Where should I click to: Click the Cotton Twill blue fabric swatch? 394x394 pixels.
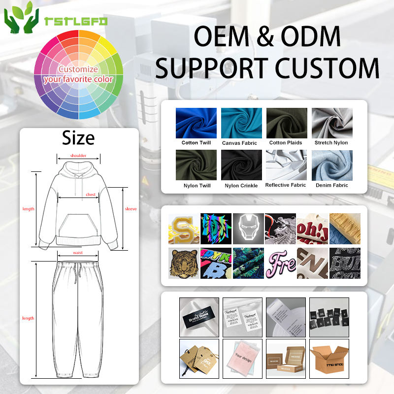[196, 123]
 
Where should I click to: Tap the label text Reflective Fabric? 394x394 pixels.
[286, 185]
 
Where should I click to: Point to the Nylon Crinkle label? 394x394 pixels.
[241, 186]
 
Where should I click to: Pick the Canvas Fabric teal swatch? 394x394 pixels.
[241, 123]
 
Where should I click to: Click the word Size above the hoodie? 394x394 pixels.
[78, 138]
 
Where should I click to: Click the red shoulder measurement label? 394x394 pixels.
[78, 156]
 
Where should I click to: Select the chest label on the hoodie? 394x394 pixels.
[91, 195]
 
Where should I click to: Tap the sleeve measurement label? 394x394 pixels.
[131, 209]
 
